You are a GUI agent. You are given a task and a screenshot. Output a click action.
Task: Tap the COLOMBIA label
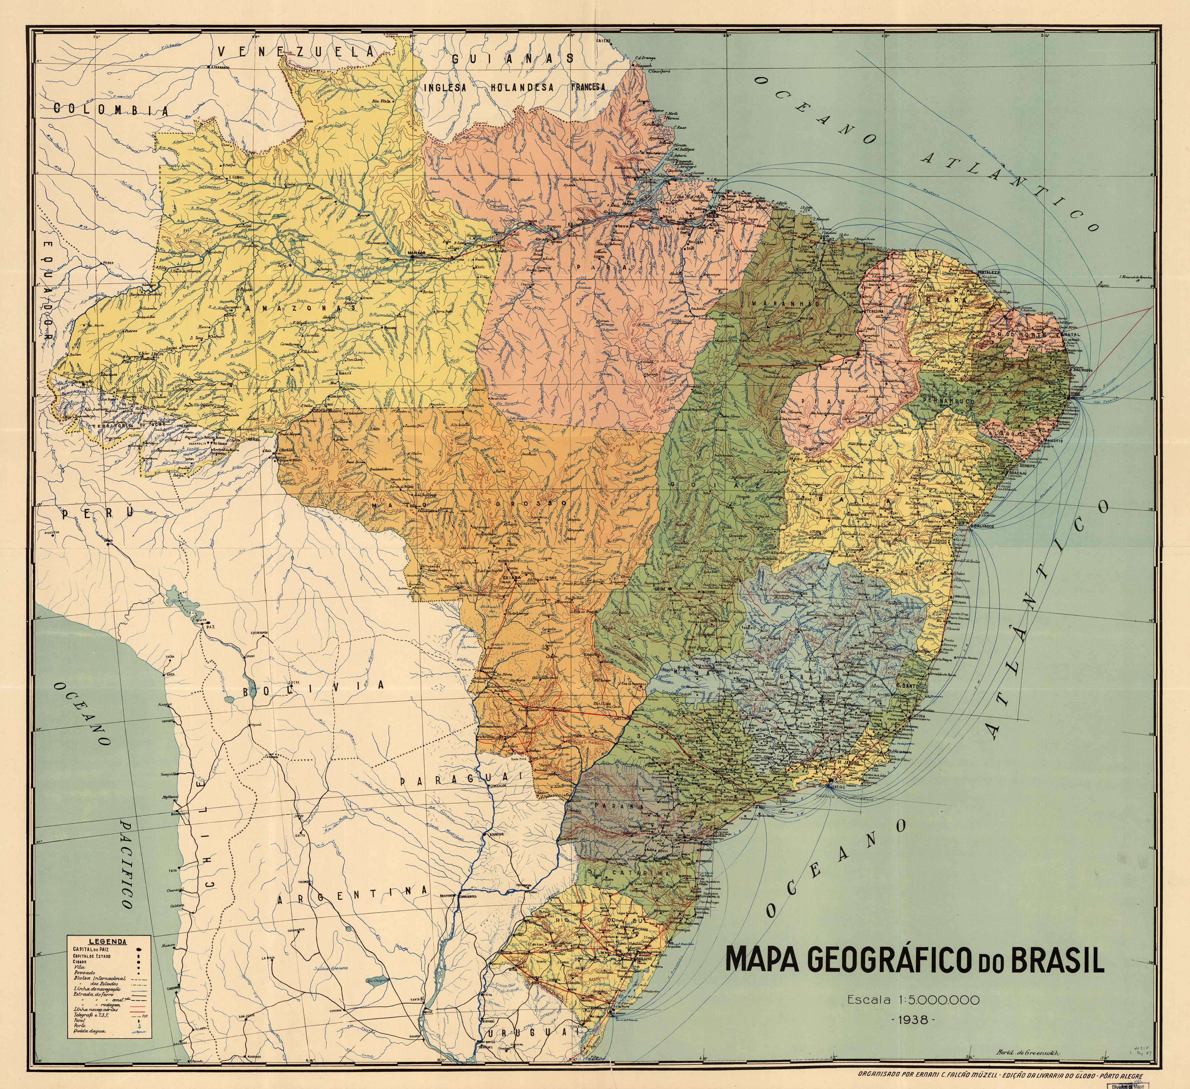[111, 109]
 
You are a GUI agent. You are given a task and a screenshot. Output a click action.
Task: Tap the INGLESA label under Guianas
[445, 87]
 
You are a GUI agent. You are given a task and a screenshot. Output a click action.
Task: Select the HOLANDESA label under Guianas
[522, 87]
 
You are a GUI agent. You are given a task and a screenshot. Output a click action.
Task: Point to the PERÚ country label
[97, 513]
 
